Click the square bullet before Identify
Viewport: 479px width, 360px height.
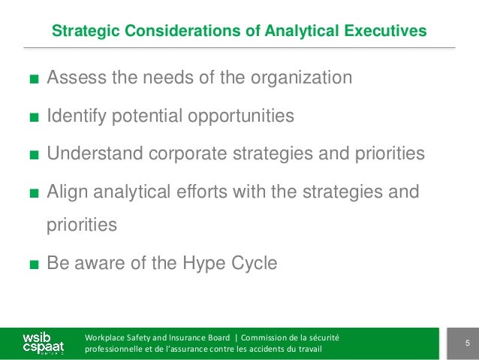pyautogui.click(x=33, y=117)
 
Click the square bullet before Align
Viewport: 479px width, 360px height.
pyautogui.click(x=33, y=192)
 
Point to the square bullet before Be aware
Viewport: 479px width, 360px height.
pyautogui.click(x=33, y=265)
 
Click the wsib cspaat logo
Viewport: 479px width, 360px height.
pyautogui.click(x=41, y=343)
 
